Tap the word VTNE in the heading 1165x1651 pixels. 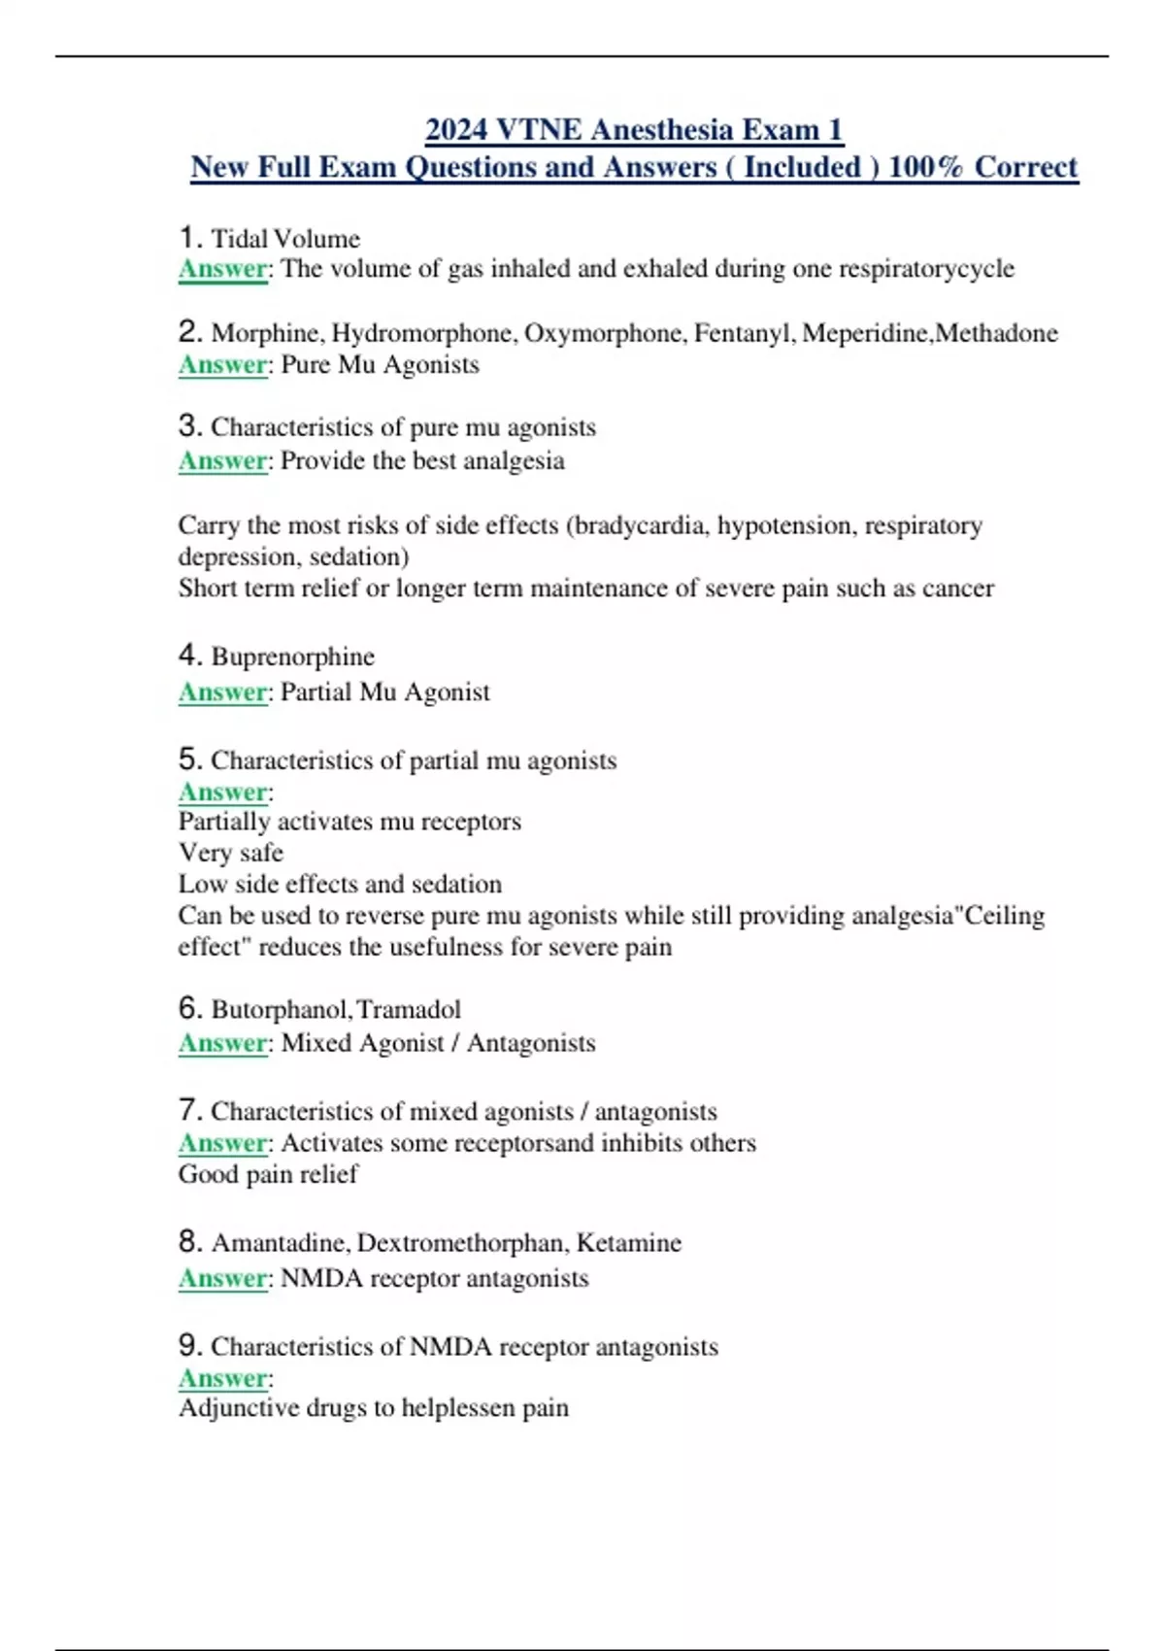coord(538,130)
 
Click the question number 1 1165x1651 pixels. coord(189,237)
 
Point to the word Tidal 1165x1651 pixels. coord(239,239)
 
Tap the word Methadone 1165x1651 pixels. coord(996,333)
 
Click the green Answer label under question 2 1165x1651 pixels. coord(222,365)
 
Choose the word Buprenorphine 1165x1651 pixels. coord(292,657)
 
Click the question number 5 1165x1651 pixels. coord(189,758)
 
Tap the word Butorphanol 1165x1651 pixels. coord(280,1010)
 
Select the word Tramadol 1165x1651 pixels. coord(409,1010)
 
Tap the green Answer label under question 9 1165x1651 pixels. coord(222,1379)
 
